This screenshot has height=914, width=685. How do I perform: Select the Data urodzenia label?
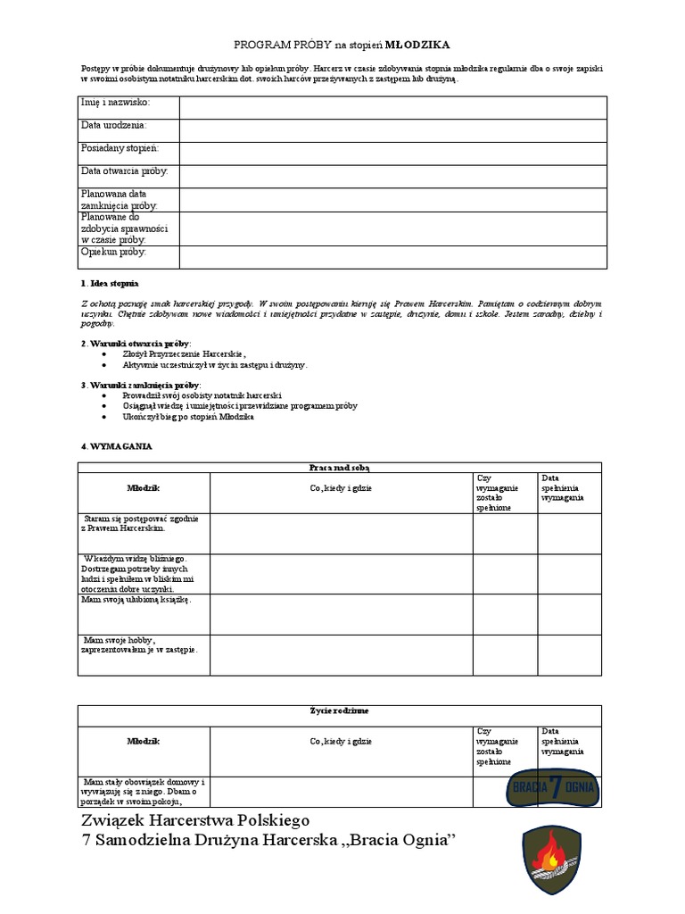(114, 126)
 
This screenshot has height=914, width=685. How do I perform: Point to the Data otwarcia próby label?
(124, 170)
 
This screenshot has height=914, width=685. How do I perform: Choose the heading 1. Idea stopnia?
(110, 283)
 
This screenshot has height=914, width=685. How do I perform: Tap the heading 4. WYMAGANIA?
(115, 445)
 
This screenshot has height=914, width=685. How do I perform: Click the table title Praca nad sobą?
(339, 467)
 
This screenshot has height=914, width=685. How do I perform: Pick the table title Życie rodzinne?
(339, 710)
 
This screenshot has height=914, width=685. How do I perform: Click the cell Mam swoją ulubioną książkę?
(136, 601)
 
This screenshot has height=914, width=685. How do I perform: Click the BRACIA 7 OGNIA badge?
(552, 786)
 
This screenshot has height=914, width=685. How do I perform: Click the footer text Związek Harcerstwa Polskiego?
(196, 819)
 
